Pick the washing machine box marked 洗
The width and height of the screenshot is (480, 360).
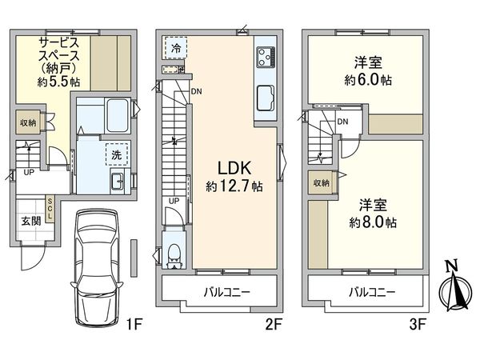(117, 152)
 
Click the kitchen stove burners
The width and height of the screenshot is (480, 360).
(266, 58)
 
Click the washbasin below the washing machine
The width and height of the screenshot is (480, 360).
(114, 180)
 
